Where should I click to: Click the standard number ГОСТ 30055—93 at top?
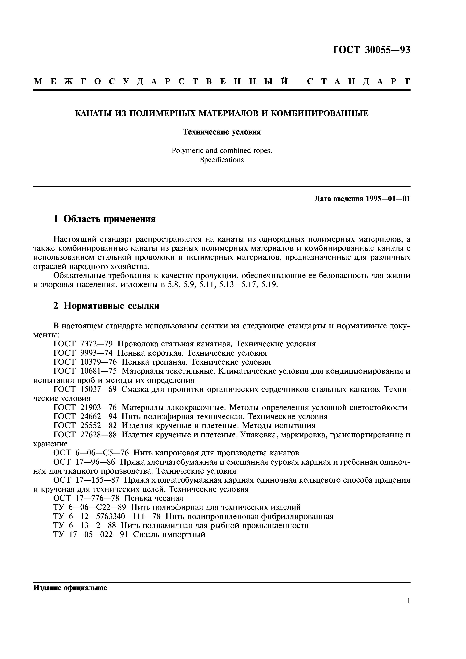coord(371,50)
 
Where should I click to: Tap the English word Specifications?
coord(222,159)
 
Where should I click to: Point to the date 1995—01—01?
coord(388,198)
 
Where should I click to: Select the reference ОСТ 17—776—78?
coord(86,498)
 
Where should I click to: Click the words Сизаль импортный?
coord(169,535)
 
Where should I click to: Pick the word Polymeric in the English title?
coord(187,150)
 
